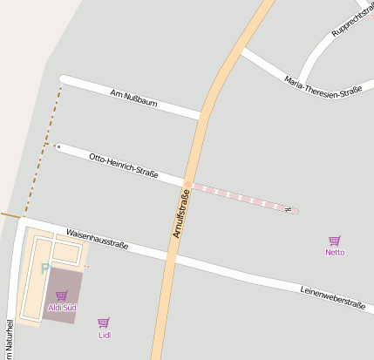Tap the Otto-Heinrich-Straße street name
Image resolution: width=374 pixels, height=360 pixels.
(x=124, y=165)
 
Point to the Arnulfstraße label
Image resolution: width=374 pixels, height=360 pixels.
(x=180, y=214)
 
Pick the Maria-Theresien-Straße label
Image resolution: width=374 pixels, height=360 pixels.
(x=323, y=86)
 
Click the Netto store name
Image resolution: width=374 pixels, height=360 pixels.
(x=335, y=252)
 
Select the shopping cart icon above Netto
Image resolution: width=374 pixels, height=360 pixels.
(x=335, y=240)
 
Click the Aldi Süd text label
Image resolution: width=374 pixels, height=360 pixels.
(x=61, y=308)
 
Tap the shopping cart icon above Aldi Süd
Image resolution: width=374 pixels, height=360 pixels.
(x=61, y=295)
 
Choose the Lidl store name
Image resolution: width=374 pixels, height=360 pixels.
(x=105, y=335)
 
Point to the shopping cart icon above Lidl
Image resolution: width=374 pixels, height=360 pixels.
(x=104, y=323)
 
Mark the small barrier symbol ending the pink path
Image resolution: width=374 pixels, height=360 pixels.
(x=286, y=208)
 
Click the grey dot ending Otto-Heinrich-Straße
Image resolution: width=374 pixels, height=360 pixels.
(x=58, y=146)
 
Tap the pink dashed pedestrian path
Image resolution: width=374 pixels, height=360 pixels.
(x=240, y=197)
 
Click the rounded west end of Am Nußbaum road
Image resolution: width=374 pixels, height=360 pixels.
(x=63, y=79)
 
